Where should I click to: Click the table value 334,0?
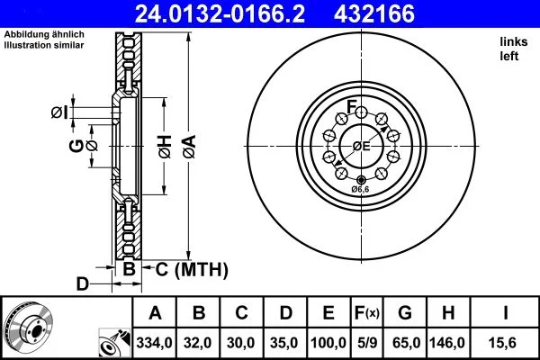155,343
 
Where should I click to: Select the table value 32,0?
199,343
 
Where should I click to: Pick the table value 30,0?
242,343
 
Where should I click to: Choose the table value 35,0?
285,343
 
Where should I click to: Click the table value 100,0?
329,343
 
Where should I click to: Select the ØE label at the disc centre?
361,146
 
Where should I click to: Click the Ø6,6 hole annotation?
361,189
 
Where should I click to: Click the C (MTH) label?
186,269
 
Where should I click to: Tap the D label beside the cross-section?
82,284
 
